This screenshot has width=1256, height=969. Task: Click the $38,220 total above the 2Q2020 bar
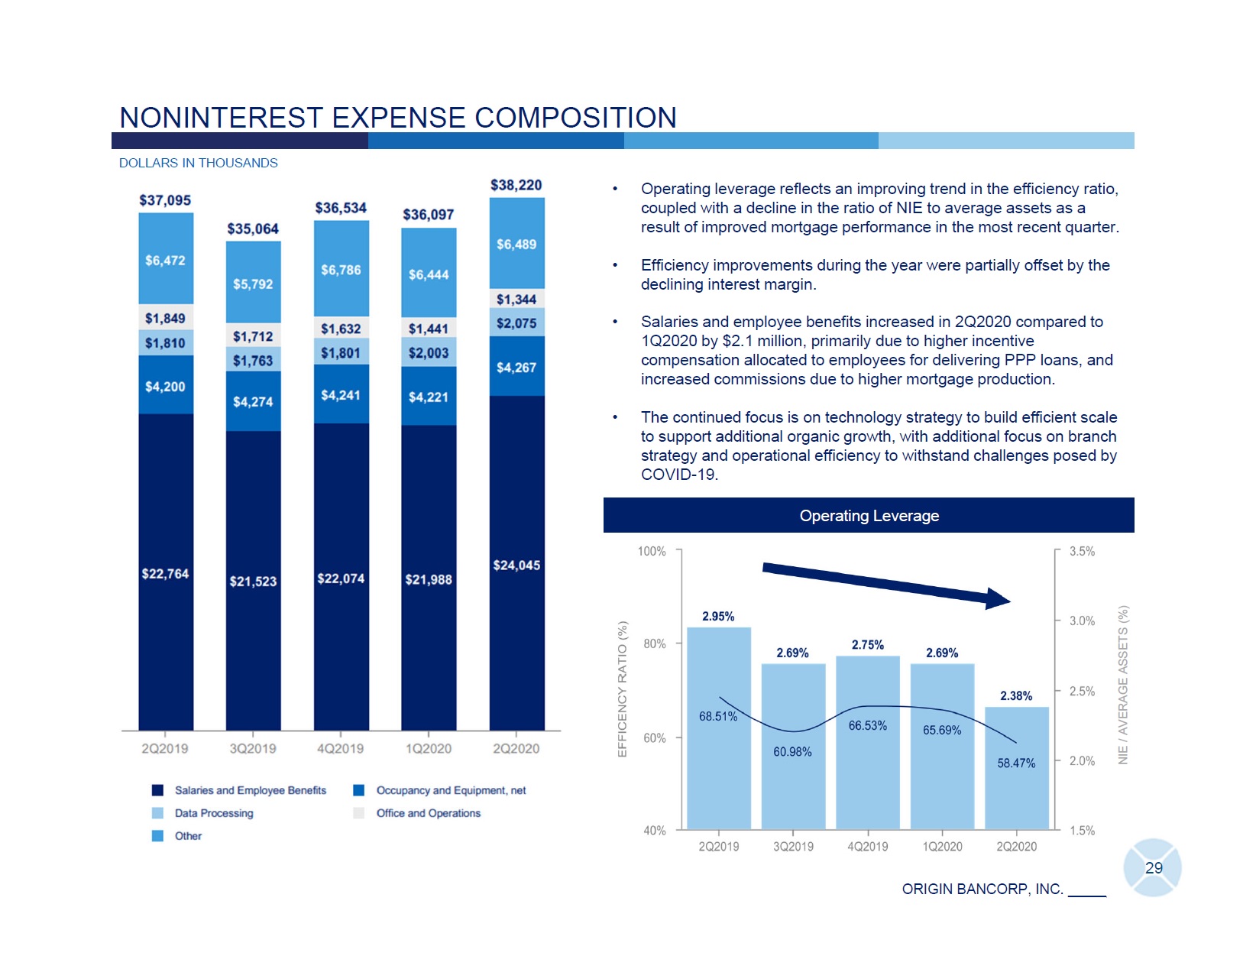pos(516,185)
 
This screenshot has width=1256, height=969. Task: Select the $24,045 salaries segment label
pos(516,566)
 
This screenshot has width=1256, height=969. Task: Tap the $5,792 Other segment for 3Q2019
pos(253,284)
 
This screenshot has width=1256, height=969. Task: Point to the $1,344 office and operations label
pos(516,300)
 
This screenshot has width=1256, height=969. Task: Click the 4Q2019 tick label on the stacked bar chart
pos(340,749)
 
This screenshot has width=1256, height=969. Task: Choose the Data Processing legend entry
pos(213,813)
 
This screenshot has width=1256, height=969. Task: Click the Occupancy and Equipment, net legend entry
pos(451,790)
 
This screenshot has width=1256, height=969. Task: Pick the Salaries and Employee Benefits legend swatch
pos(158,790)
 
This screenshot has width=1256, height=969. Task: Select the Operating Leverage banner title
pos(869,516)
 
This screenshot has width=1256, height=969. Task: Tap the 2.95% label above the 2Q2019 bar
pos(718,616)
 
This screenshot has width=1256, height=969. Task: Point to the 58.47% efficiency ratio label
pos(1016,763)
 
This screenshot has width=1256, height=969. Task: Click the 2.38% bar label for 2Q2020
pos(1016,695)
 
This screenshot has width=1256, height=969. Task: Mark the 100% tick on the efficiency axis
pos(652,551)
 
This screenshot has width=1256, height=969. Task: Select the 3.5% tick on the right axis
pos(1082,551)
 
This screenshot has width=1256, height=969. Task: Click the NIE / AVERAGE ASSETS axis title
pos(1123,685)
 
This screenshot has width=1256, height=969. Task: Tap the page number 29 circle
pos(1153,868)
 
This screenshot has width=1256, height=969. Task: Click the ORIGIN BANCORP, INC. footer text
pos(982,889)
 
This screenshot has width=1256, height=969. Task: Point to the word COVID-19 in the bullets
pos(678,475)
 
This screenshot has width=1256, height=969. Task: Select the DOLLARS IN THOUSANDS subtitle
pos(199,163)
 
